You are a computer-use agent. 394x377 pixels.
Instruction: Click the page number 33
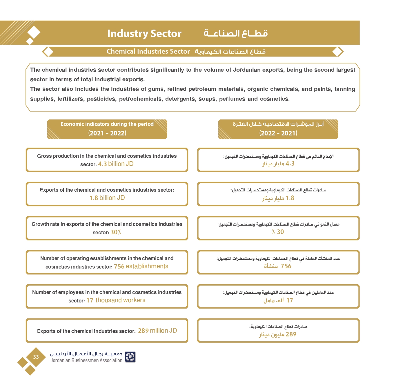tap(36, 357)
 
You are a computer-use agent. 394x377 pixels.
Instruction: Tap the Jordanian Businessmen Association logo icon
tap(130, 357)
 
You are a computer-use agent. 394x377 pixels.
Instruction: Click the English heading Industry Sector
tap(144, 34)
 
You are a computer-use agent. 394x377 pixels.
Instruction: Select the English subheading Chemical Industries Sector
tap(148, 52)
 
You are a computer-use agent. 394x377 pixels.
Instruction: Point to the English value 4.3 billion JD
tap(116, 164)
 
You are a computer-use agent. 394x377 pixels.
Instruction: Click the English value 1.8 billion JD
tap(107, 198)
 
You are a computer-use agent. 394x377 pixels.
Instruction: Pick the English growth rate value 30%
tap(116, 232)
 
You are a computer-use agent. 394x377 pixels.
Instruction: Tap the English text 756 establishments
tap(141, 266)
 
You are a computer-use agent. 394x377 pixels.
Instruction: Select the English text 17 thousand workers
tap(116, 300)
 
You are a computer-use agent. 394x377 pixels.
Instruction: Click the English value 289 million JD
tap(157, 331)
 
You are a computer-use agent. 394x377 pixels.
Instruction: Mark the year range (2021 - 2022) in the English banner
tap(107, 133)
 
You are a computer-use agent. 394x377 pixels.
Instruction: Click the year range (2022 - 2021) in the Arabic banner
tap(278, 133)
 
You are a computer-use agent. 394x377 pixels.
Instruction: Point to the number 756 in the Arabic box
tap(286, 266)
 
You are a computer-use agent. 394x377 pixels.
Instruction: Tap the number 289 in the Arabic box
tap(291, 334)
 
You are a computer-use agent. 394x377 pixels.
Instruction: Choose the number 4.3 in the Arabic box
tap(290, 164)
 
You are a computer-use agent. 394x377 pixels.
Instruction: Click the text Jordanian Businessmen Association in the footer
tap(86, 360)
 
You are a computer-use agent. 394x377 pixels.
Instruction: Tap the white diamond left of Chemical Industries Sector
tap(48, 52)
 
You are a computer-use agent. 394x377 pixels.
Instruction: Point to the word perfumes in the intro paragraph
tap(232, 99)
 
